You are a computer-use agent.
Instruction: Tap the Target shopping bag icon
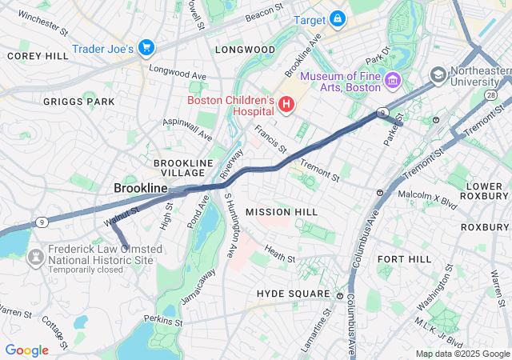pos(338,18)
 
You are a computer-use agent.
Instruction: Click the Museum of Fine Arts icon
pos(392,81)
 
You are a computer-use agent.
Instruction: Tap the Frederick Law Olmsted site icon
pos(35,257)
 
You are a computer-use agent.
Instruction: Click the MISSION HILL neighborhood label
pos(282,212)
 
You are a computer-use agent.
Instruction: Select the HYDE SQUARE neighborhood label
pos(293,294)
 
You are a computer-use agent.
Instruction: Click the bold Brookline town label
pos(141,188)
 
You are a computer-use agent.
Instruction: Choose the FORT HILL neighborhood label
pos(405,259)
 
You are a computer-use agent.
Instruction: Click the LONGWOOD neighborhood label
pos(246,50)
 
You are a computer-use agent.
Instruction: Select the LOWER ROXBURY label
pos(484,192)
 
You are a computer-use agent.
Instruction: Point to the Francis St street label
pos(270,138)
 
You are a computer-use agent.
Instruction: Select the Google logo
pos(26,350)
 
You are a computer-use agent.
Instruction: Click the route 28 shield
pos(489,95)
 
